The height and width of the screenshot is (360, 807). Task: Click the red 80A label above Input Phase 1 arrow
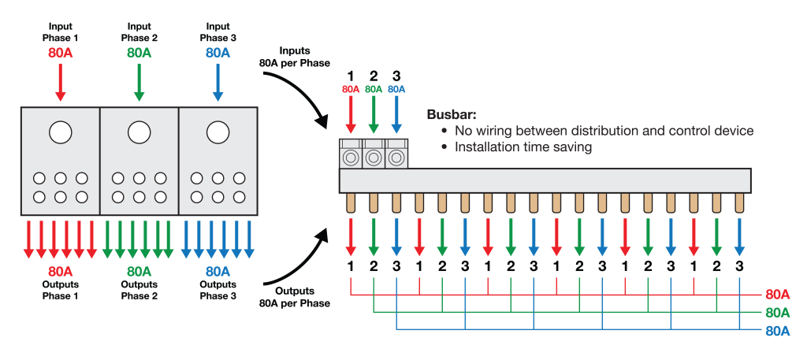60,53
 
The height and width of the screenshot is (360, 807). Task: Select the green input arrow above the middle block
139,82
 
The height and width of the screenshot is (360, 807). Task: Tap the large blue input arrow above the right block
218,82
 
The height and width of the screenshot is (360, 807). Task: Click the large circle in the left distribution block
60,132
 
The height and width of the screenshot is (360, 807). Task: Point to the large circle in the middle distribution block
139,132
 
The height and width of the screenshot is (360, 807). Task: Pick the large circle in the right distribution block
218,132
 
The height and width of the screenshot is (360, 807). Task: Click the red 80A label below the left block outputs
60,272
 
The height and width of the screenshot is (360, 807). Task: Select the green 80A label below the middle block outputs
139,272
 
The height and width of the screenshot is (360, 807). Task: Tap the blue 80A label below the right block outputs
218,272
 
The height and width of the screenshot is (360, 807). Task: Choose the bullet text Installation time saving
523,147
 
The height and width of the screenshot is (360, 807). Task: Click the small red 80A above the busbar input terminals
351,89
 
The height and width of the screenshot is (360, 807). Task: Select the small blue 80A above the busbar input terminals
396,89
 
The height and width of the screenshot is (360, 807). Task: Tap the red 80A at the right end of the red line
777,295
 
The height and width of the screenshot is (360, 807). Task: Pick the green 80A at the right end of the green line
777,312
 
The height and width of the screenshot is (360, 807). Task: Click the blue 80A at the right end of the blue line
777,330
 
